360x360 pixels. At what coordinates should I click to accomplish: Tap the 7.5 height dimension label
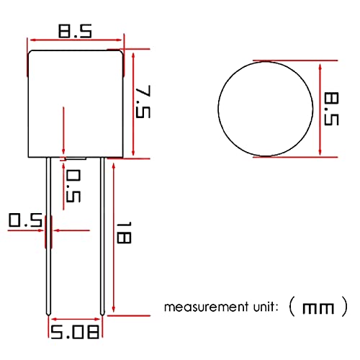144,103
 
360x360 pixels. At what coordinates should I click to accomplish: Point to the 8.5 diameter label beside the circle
330,108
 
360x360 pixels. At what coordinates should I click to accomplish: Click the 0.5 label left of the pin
24,220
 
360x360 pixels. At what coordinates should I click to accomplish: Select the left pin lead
48,238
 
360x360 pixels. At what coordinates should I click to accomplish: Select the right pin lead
103,238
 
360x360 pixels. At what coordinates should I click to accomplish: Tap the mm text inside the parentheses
318,309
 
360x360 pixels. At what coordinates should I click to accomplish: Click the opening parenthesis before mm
290,308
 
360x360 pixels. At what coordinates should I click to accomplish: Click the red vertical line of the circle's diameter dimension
318,108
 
